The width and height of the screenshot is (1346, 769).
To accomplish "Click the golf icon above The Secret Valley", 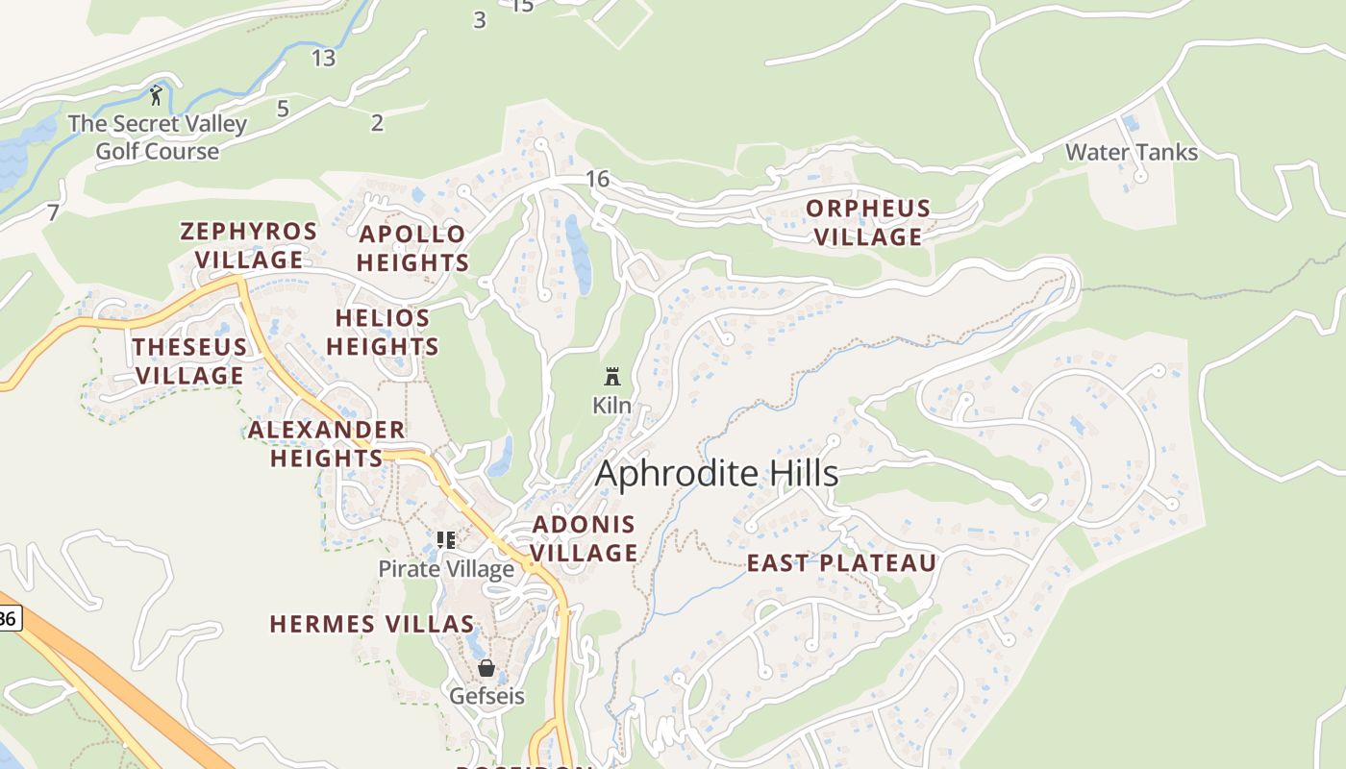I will click(x=156, y=95).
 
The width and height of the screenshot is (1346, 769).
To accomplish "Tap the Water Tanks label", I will click(x=1132, y=152).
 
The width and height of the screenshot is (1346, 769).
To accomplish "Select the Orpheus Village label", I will click(x=868, y=222).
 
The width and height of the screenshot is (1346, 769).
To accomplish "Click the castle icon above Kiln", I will click(x=612, y=376).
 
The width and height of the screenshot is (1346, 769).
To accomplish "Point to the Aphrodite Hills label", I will click(x=716, y=473).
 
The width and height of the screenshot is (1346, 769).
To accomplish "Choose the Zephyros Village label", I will click(x=249, y=245).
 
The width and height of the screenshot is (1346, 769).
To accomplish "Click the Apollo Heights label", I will click(x=413, y=248).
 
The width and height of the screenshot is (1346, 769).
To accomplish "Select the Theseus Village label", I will click(x=189, y=360).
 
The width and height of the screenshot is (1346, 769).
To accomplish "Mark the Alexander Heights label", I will click(x=327, y=443).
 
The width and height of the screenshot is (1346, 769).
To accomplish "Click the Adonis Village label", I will click(x=584, y=538).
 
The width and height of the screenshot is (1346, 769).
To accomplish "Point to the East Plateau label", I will click(x=841, y=563).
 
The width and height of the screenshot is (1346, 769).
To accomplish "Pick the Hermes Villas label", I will click(x=372, y=624).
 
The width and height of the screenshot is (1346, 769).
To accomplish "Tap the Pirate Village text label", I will click(x=446, y=569).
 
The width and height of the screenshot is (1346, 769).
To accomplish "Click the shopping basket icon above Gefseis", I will click(x=486, y=668).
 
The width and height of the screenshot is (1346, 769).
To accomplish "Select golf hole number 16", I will click(x=597, y=179).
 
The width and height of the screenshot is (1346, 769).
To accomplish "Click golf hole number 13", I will click(x=323, y=58).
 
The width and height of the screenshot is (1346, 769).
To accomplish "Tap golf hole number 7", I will click(x=53, y=212).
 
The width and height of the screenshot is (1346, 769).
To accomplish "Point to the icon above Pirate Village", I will click(x=445, y=539).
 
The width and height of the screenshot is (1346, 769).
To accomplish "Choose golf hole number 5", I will click(x=283, y=109).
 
